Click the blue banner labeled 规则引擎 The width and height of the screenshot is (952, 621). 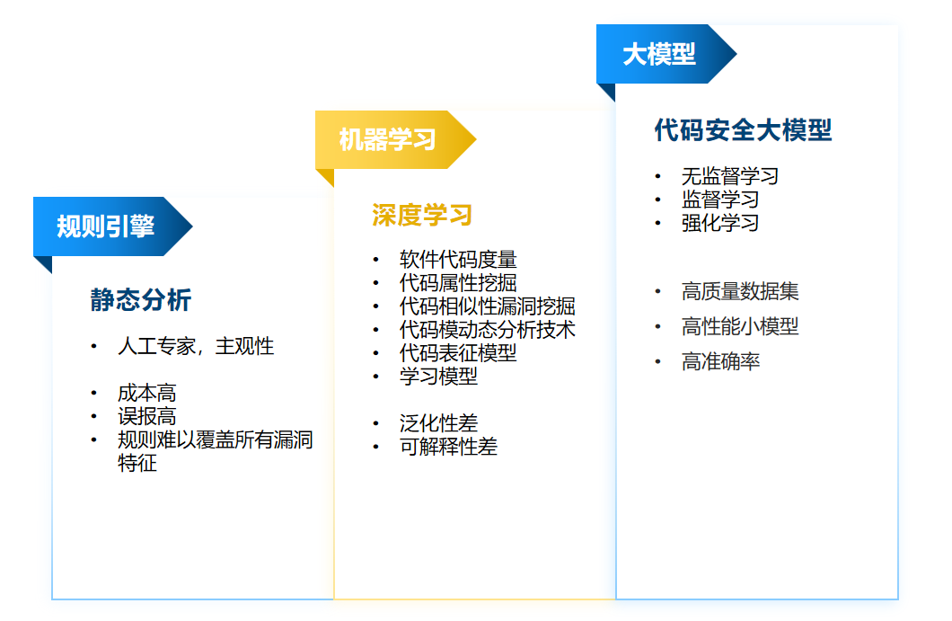point(106,226)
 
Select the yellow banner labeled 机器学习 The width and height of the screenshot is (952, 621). point(388,139)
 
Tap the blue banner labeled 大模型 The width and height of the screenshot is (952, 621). point(659,54)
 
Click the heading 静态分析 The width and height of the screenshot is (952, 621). point(141,300)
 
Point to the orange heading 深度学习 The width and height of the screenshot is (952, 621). point(422,215)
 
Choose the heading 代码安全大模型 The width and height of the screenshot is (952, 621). point(743,130)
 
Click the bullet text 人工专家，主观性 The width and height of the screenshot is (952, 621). point(196,346)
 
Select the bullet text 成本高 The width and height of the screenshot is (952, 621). point(146,393)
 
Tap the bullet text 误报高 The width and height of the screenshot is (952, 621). point(146,416)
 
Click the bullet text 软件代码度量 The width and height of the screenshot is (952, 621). point(458,260)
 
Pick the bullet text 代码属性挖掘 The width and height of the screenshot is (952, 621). point(458,283)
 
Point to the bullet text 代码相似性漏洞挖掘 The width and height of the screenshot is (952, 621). point(488,306)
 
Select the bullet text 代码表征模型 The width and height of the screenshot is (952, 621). point(458,353)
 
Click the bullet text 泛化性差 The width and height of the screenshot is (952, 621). point(438,422)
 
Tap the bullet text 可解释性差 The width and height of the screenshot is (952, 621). point(448,446)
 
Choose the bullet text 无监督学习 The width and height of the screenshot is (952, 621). point(729,176)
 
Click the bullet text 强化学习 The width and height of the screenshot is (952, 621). point(720,223)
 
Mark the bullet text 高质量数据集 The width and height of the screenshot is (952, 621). point(740,291)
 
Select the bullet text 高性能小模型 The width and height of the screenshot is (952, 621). point(740,326)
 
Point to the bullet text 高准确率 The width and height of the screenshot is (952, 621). point(720,361)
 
